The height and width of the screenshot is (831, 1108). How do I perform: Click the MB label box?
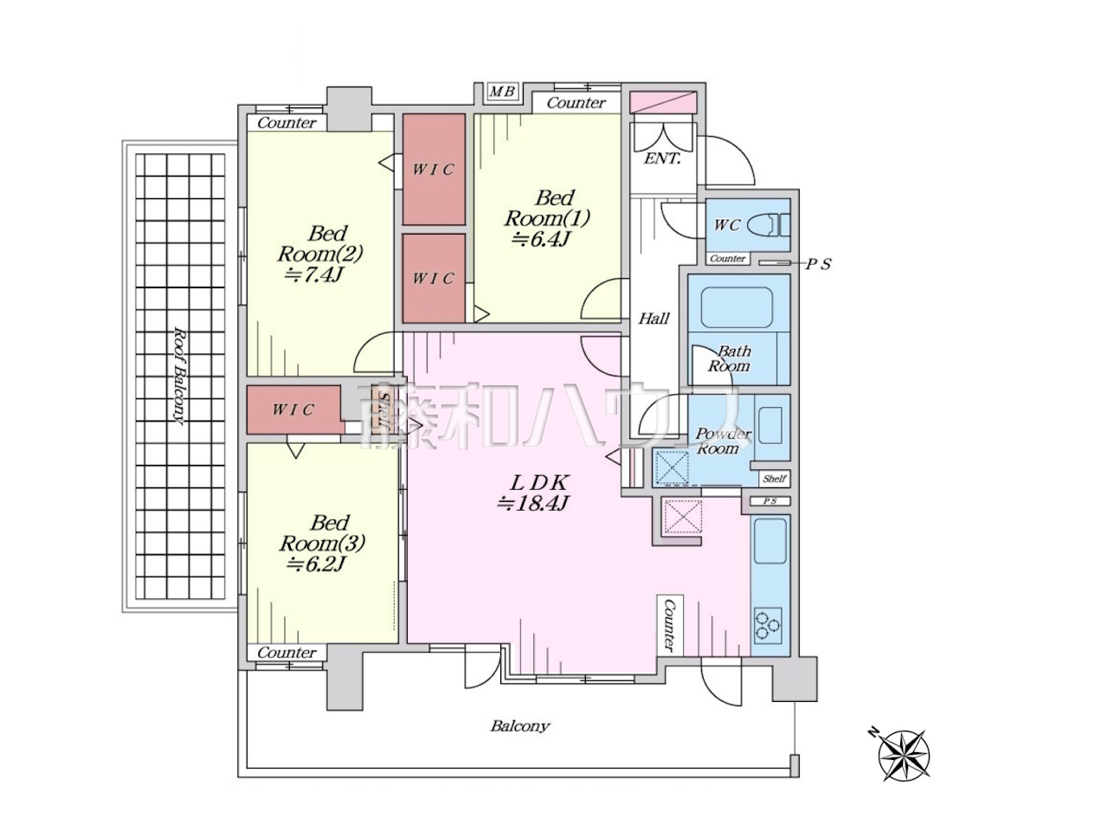[x=502, y=92]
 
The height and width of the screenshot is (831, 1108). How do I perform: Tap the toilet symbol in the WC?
[x=769, y=225]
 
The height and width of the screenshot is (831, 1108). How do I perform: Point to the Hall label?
[x=654, y=319]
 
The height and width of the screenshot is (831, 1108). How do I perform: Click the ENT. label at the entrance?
[x=662, y=158]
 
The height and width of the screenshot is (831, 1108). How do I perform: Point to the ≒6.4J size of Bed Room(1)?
[x=540, y=239]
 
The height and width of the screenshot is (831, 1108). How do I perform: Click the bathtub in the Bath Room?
[x=737, y=308]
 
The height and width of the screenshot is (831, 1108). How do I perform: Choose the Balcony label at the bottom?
[x=520, y=726]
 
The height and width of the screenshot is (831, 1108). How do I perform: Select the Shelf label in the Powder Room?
[x=775, y=479]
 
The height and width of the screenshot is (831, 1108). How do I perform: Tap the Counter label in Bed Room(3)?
[x=287, y=653]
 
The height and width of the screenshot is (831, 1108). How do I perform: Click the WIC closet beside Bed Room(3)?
[x=293, y=409]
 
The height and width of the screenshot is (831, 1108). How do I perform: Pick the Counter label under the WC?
[x=727, y=258]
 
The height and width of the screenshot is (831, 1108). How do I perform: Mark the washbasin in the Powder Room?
[x=770, y=425]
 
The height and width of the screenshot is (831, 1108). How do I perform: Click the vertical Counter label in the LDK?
[x=669, y=625]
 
